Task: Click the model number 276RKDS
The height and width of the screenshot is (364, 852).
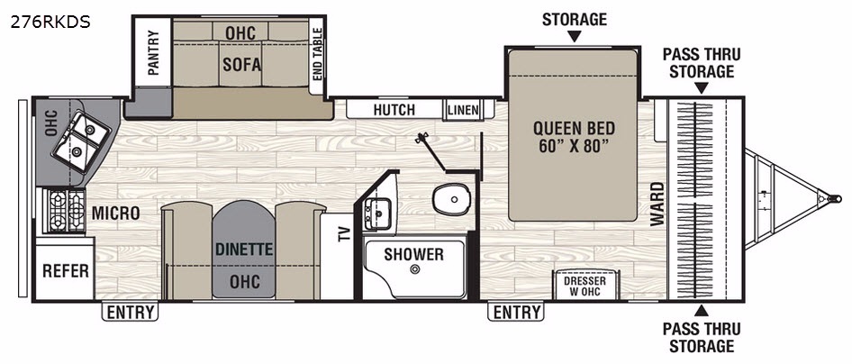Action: [50, 23]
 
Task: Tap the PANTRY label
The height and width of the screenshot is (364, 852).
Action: [153, 52]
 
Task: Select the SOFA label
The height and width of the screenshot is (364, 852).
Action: [241, 65]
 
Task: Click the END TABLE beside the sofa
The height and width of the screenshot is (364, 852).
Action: [317, 52]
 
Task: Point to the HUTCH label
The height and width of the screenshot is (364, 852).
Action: [394, 110]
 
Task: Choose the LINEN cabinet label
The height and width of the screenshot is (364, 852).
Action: [464, 111]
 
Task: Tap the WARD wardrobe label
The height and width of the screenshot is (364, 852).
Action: [657, 204]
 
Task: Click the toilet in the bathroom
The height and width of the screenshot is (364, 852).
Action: [451, 199]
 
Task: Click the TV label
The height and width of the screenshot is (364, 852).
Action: [343, 233]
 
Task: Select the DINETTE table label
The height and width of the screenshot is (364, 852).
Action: [243, 250]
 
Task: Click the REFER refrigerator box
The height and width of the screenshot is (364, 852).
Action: [65, 270]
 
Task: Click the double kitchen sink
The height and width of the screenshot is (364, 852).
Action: [82, 141]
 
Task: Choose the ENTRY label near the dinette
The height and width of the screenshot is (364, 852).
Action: [130, 313]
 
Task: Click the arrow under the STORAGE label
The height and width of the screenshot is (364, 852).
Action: [574, 36]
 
